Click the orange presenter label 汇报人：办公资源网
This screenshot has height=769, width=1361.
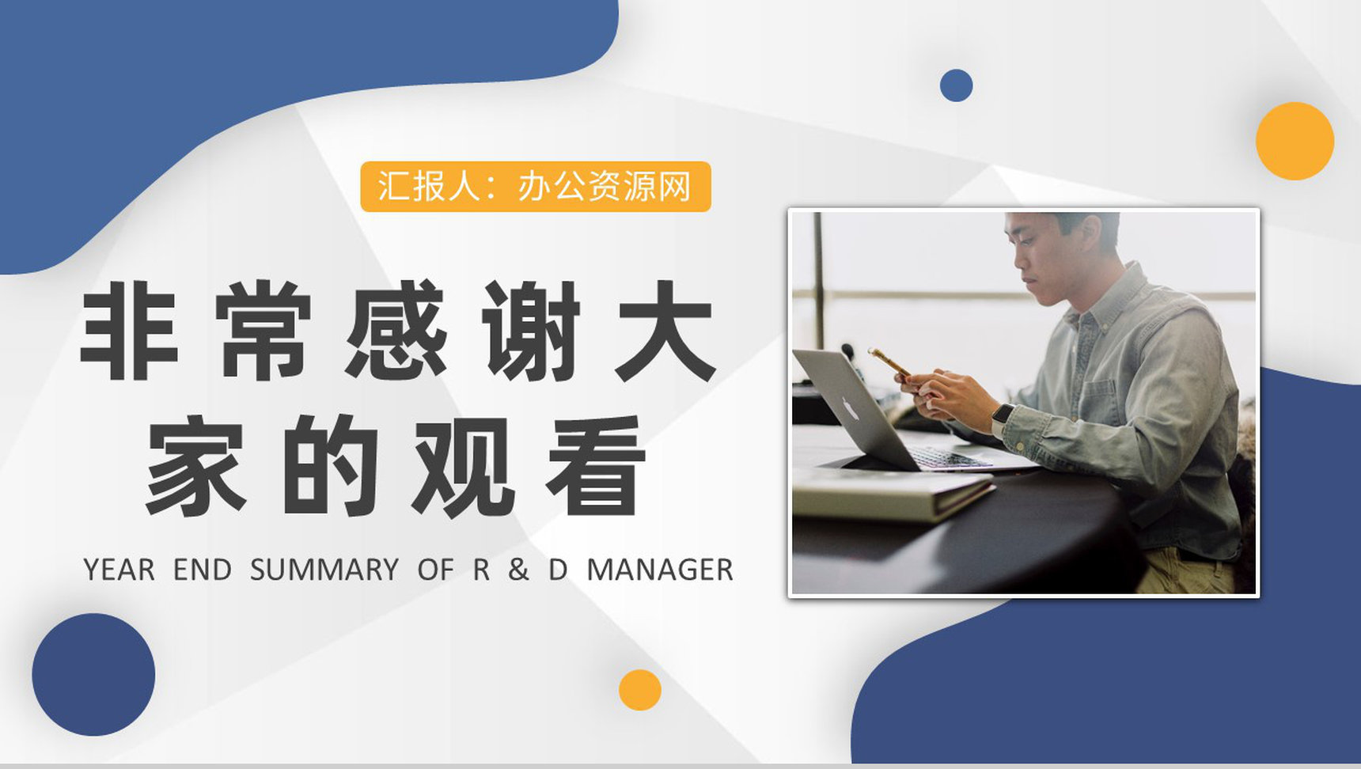click(536, 187)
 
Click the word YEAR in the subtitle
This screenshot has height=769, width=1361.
click(119, 570)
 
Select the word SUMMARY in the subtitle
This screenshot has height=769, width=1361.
click(324, 570)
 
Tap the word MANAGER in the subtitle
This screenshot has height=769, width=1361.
click(660, 570)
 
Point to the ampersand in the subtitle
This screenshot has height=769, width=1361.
click(518, 570)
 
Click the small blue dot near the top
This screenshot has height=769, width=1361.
click(956, 85)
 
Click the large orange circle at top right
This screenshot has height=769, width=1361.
click(1295, 141)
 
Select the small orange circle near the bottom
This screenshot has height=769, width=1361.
click(639, 690)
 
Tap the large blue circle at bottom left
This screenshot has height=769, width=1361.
click(93, 674)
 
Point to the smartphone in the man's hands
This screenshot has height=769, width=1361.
click(890, 362)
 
